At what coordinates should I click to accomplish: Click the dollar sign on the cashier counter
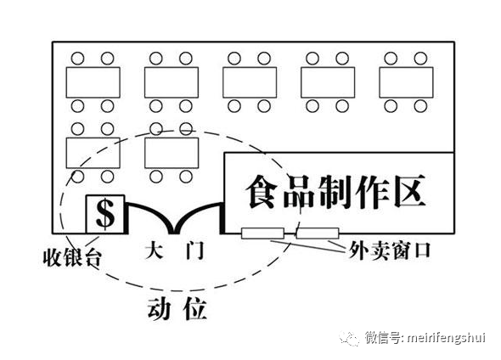point(105,213)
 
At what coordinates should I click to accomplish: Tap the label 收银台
point(72,257)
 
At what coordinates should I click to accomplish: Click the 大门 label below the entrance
point(174,251)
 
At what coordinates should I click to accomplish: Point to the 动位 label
point(177,309)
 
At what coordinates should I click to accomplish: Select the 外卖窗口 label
point(390,250)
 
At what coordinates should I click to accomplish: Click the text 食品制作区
point(335,192)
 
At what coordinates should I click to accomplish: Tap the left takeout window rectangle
point(262,233)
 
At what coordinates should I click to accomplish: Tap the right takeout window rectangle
point(318,233)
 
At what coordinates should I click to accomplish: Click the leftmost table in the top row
point(93,82)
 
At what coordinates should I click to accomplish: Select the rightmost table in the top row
point(406,82)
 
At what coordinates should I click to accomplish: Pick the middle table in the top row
point(250,82)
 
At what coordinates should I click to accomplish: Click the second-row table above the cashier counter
point(93,153)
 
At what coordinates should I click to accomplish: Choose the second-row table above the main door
point(172,153)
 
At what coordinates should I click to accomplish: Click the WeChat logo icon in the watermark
point(349,338)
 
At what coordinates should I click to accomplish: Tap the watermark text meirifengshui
point(447,338)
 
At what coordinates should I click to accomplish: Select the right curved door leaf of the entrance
point(195,213)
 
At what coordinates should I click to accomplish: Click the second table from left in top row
point(172,82)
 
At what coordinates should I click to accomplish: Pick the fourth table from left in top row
point(328,82)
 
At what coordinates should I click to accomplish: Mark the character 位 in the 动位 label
point(195,309)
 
